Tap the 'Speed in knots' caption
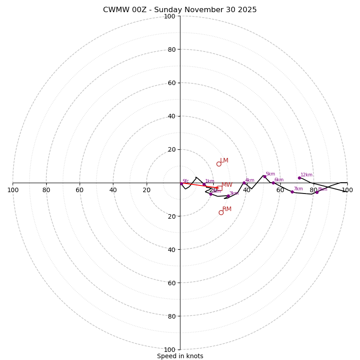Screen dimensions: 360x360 pos(180,356)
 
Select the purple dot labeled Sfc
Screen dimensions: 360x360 pos(181,184)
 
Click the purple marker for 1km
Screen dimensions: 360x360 pos(204,184)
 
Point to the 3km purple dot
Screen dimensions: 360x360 pos(228,196)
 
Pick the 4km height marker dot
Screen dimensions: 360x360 pos(244,183)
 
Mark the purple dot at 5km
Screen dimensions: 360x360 pos(265,176)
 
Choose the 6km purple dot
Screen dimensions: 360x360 pos(273,183)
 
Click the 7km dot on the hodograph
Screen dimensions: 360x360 pos(292,192)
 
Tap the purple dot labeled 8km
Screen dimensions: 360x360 pos(317,192)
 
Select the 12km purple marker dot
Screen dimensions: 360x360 pos(299,178)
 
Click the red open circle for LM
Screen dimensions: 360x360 pos(219,164)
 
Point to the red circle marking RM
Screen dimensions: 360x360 pos(221,212)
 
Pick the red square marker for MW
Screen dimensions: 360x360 pos(220,188)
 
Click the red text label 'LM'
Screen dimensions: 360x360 pos(224,161)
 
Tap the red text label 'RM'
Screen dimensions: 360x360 pos(227,209)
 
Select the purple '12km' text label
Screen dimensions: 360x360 pos(306,175)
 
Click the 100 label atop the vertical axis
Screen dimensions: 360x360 pos(169,16)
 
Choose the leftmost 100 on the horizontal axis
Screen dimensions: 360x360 pos(13,190)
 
